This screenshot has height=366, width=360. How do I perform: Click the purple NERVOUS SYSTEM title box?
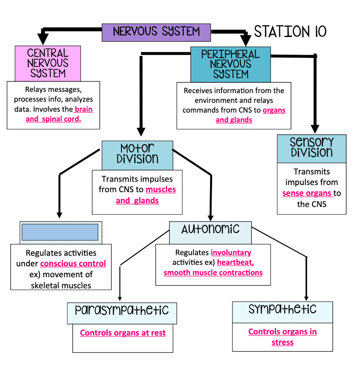click(156, 32)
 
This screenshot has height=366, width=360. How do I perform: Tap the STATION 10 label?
click(290, 31)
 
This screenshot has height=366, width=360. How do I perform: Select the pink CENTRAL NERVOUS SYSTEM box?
click(48, 63)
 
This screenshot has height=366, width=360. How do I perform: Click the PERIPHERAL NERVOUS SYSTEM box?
click(230, 64)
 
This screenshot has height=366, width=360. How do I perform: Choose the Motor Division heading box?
click(137, 155)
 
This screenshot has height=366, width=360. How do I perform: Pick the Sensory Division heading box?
click(312, 148)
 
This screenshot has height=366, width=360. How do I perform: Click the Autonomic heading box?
click(210, 230)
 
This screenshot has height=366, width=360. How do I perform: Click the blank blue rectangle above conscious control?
click(60, 232)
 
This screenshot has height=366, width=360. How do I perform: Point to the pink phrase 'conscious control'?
click(73, 264)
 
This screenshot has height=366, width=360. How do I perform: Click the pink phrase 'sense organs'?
click(308, 193)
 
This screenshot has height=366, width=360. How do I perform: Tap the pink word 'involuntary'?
click(231, 253)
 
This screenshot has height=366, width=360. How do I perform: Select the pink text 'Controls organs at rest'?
click(123, 333)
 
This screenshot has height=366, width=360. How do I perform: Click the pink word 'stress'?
click(282, 342)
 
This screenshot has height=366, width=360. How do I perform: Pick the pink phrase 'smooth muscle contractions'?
click(213, 272)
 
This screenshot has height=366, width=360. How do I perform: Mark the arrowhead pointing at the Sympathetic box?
click(307, 297)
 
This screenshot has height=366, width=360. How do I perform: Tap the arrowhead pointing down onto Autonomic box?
click(210, 216)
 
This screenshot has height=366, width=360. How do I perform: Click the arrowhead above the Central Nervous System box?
click(43, 39)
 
